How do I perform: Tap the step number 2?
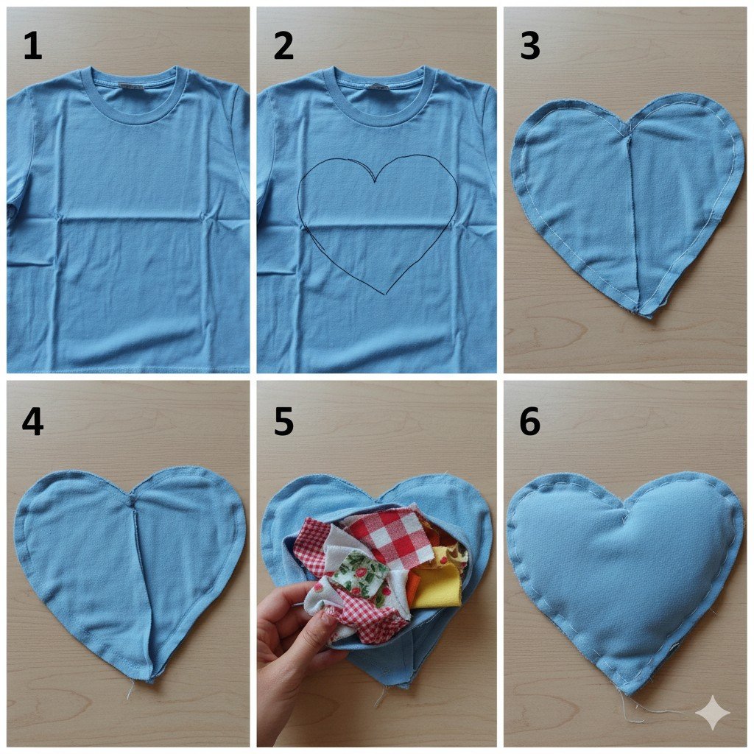(283, 46)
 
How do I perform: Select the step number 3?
(530, 46)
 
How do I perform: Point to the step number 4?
(32, 422)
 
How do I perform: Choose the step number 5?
(283, 422)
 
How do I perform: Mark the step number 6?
(530, 422)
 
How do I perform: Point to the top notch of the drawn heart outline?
(376, 182)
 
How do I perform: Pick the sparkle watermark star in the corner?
(713, 712)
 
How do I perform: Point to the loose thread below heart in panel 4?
(130, 691)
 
